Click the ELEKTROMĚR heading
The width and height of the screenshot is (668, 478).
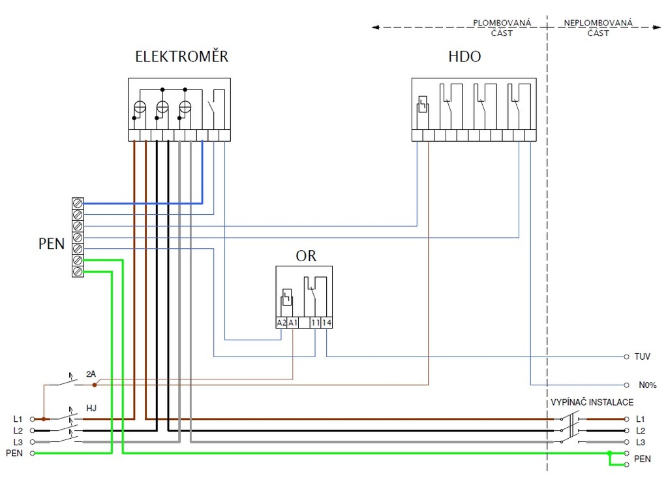181,57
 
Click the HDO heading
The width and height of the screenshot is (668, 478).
464,57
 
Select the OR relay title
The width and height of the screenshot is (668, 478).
305,256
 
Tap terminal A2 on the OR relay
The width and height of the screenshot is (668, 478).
281,323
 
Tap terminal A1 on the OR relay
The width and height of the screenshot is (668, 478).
293,323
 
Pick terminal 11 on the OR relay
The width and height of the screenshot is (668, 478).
316,323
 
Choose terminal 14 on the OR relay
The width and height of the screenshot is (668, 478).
326,323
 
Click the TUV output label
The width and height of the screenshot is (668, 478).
642,357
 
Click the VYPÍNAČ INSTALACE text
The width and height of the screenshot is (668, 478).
592,402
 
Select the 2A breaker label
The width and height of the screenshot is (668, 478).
91,374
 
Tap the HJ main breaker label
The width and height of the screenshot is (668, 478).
91,408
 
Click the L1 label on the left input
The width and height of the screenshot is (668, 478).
18,419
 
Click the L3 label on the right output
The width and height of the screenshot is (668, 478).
640,442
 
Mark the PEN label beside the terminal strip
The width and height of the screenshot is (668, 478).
52,244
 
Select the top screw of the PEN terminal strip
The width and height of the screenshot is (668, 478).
78,203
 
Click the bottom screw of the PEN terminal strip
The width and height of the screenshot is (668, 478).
78,270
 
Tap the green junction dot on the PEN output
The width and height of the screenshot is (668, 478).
609,453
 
